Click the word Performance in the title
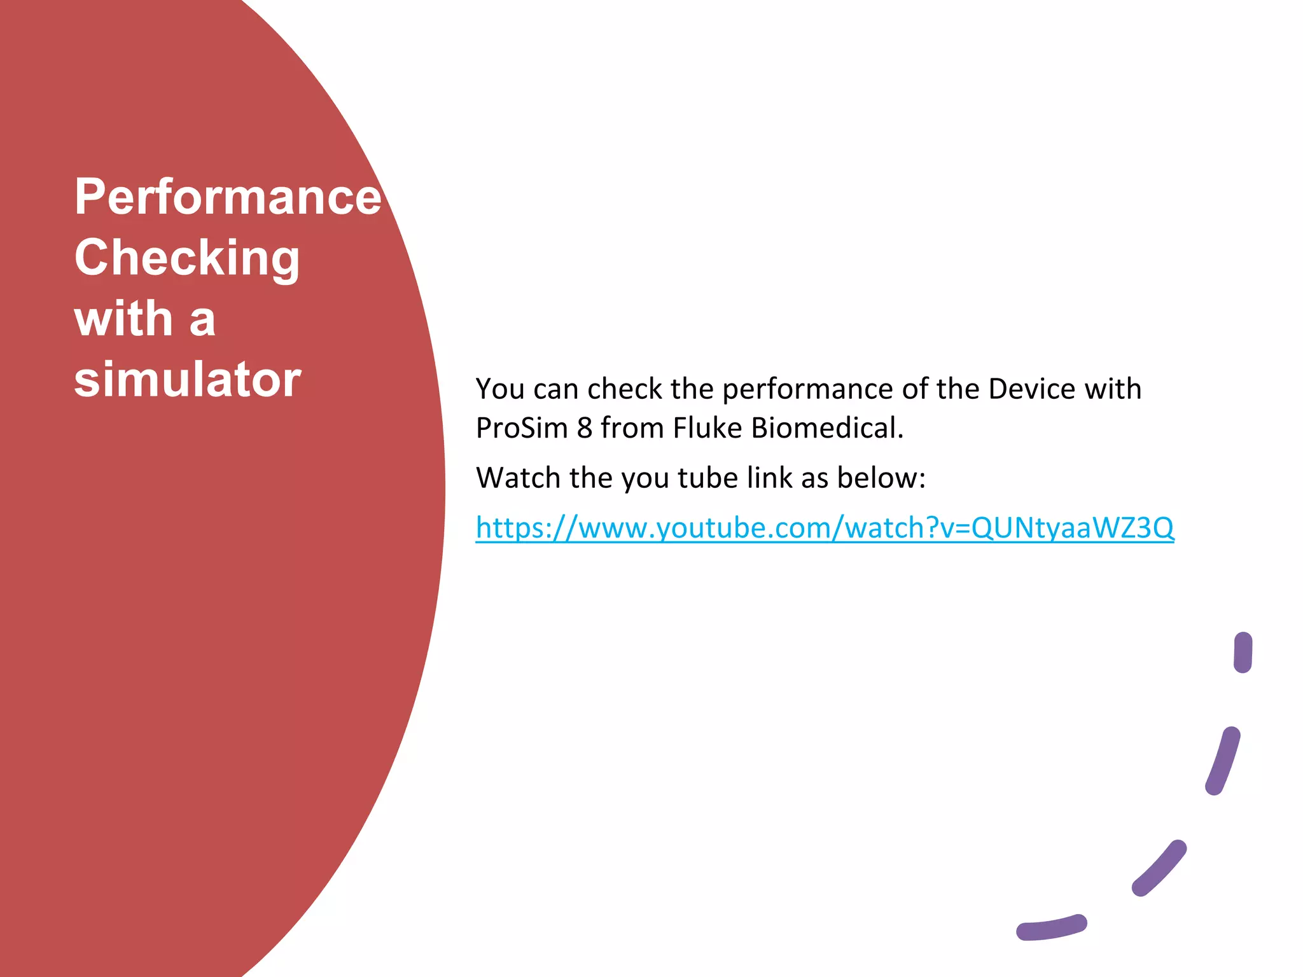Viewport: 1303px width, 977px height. coord(228,197)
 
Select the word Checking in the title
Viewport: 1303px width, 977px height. coord(187,258)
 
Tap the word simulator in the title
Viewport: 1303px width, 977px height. coord(187,380)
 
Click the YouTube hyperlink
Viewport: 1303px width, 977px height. coord(825,528)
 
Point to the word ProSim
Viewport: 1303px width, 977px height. coord(522,428)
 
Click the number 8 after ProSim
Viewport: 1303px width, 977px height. coord(584,428)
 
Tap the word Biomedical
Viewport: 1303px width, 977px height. coord(827,428)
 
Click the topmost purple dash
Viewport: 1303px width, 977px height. coord(1243,652)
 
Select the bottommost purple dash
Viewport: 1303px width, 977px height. coord(1051,927)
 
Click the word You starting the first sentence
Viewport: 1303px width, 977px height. coord(500,389)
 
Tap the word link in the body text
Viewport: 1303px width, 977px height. coord(769,478)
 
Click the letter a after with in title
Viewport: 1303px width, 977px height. coord(202,320)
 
